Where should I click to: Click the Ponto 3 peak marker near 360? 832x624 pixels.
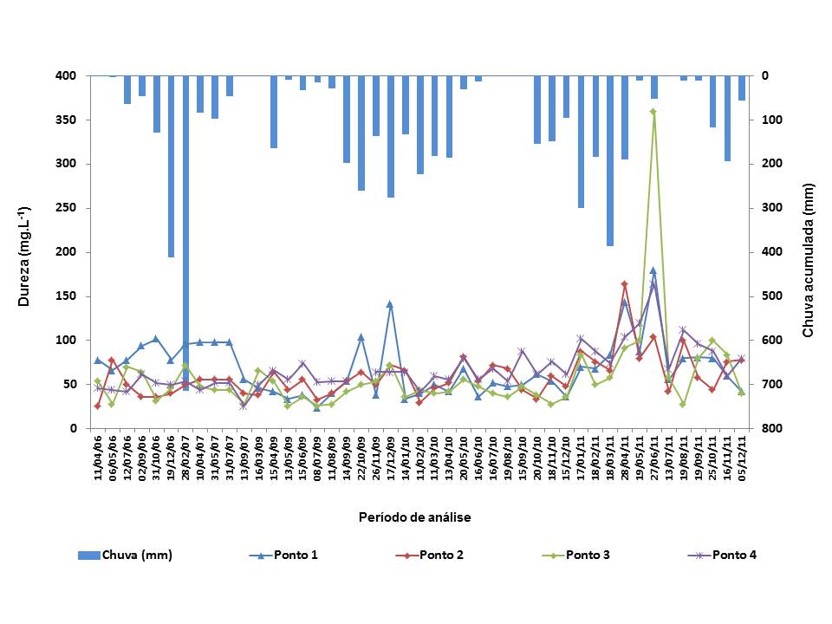(x=653, y=111)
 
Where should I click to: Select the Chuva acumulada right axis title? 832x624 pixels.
(x=808, y=260)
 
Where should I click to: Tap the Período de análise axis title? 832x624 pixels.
(x=415, y=517)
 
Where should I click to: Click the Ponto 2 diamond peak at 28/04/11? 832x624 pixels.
(x=624, y=283)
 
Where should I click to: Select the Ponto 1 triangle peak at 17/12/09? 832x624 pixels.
(x=390, y=304)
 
